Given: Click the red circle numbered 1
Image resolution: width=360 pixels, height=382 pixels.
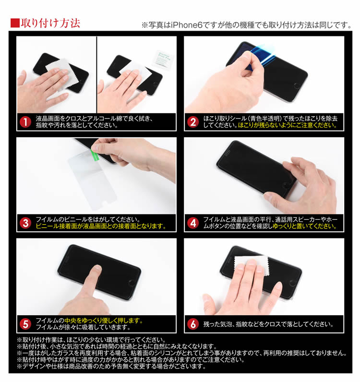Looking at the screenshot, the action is (25, 122).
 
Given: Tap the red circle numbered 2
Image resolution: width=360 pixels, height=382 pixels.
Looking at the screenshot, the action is (193, 122).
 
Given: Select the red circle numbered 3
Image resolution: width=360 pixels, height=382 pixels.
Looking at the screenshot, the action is (25, 223).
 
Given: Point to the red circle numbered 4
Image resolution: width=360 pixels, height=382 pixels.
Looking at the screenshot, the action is (193, 223).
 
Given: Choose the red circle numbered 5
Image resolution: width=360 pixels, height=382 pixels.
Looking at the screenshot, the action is (25, 324).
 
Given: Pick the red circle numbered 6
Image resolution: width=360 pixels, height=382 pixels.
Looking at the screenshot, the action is (193, 324).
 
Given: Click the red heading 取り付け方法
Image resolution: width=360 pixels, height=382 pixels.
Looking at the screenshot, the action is (50, 23).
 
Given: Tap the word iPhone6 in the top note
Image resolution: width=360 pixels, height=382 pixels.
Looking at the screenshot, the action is (186, 25).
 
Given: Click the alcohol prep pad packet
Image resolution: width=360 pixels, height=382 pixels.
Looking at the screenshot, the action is (163, 59).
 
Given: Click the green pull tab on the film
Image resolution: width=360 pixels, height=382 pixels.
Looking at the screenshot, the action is (95, 154).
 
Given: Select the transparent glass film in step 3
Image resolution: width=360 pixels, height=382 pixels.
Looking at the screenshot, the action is (91, 180).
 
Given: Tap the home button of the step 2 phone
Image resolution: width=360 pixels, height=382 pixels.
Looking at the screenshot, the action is (297, 85).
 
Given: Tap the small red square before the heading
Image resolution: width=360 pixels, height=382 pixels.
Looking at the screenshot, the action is (15, 23).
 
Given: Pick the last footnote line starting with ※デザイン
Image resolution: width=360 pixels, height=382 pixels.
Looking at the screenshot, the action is (112, 366).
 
